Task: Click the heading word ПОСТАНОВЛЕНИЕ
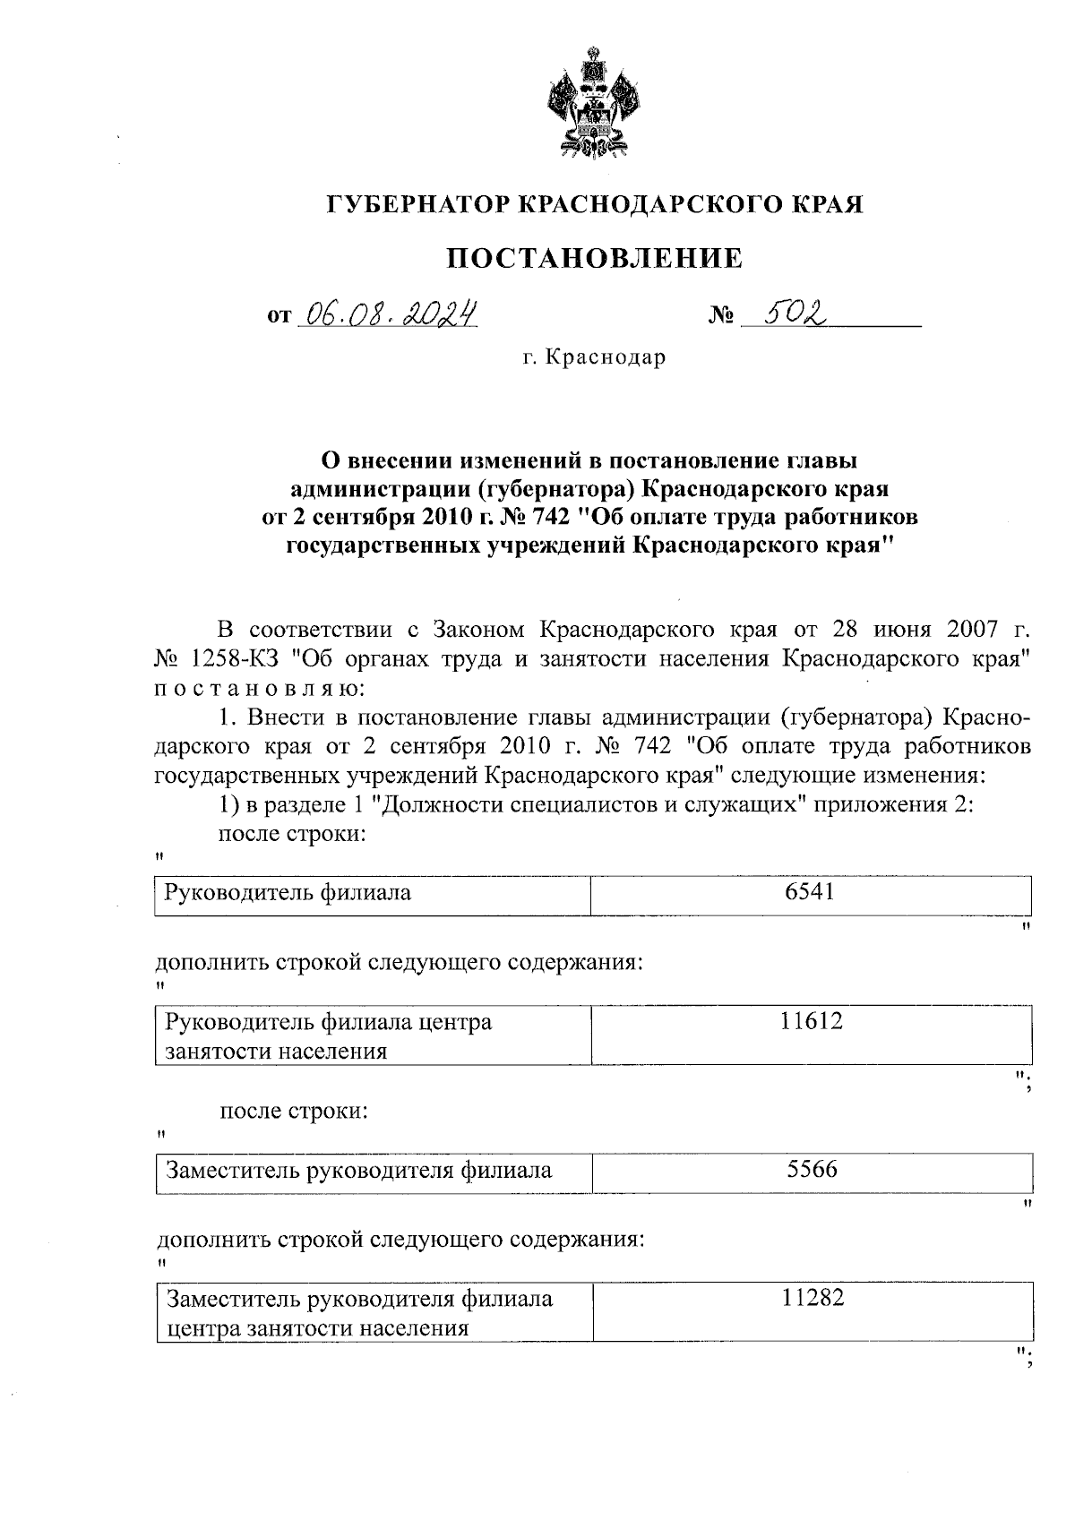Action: pyautogui.click(x=595, y=259)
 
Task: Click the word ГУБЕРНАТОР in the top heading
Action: pyautogui.click(x=418, y=205)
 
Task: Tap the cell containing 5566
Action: pyautogui.click(x=812, y=1170)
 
